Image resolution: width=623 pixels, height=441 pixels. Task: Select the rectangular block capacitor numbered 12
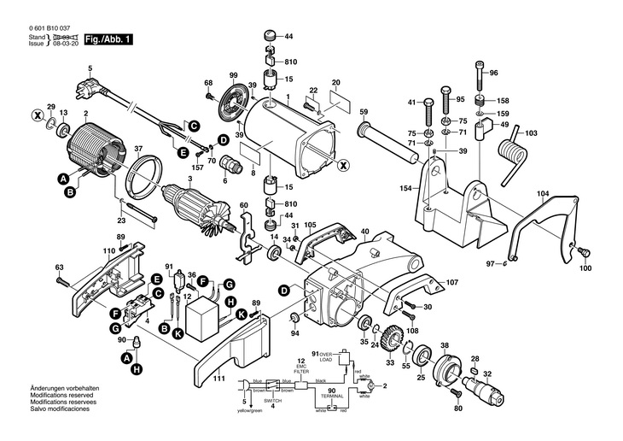click(x=204, y=318)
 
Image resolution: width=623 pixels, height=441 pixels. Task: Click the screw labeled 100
click(x=584, y=252)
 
